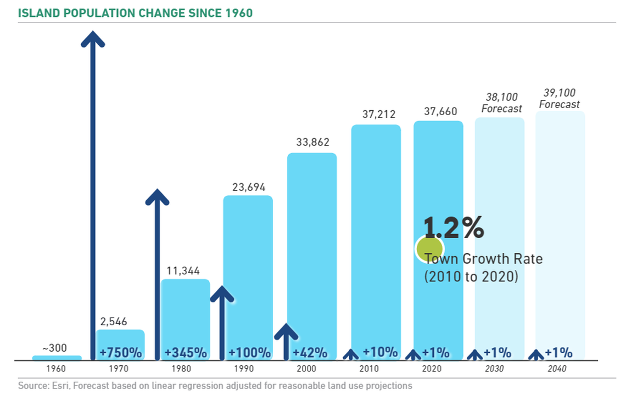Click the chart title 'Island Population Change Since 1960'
point(135,13)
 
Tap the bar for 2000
point(312,247)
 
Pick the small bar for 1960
point(57,358)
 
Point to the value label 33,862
point(311,143)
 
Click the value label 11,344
point(183,270)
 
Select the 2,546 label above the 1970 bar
point(120,321)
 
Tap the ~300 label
point(57,348)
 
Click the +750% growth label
point(120,352)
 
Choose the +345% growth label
point(186,352)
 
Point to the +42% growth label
point(310,352)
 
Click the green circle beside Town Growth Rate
point(429,248)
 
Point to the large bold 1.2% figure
point(454,227)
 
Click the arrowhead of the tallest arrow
point(93,38)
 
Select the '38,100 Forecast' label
point(501,103)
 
